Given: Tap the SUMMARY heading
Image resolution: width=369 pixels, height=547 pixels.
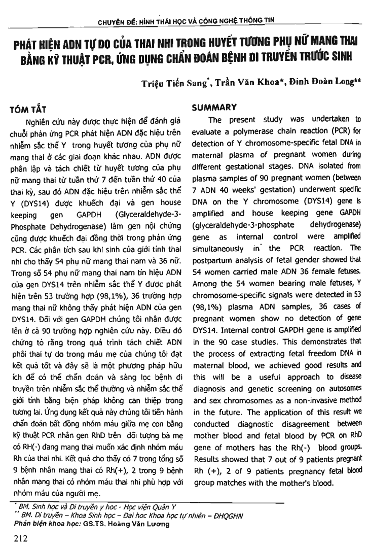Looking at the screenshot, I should coord(214,107).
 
